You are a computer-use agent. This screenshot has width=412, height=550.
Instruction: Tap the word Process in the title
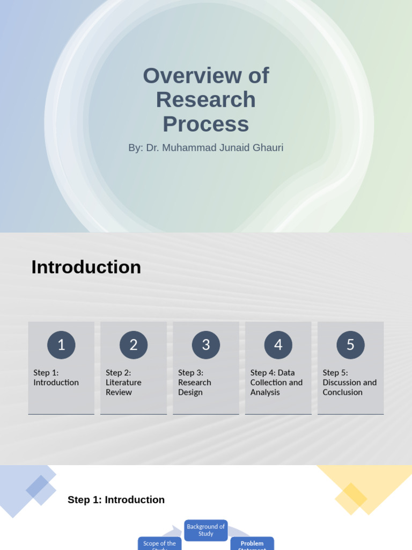(206, 124)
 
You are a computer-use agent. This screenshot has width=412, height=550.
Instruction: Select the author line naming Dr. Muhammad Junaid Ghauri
(205, 148)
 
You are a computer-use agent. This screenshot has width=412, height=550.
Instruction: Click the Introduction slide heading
(86, 267)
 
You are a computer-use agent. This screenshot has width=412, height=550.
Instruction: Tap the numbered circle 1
(61, 345)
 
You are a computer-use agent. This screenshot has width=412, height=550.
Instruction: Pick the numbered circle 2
(134, 345)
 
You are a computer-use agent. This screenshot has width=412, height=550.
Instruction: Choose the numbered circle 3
(206, 345)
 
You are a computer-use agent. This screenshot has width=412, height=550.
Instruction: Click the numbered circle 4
(278, 345)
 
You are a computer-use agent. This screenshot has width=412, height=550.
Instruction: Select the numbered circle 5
(350, 345)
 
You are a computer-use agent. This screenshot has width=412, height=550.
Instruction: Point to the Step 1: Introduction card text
(56, 378)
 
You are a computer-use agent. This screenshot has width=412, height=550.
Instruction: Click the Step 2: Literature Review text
(123, 382)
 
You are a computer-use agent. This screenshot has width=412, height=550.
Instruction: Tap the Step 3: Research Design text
(194, 382)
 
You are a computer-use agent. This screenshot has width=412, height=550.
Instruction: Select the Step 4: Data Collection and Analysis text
(276, 382)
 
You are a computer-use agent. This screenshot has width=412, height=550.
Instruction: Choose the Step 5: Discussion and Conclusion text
(349, 382)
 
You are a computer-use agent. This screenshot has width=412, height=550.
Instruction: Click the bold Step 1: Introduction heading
(116, 500)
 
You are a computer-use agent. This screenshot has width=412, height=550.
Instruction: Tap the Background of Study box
(206, 530)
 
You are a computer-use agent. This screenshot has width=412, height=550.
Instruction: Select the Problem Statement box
(252, 544)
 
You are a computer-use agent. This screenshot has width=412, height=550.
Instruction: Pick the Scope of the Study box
(159, 544)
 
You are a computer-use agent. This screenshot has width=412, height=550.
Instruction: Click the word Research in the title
(206, 100)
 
